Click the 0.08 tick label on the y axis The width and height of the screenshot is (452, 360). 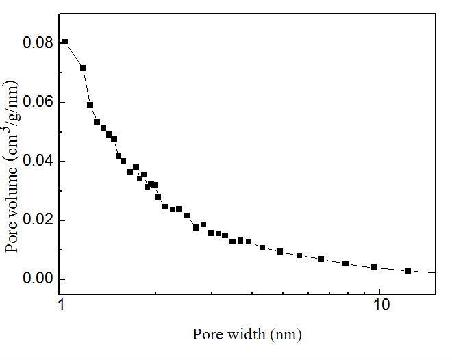[x=39, y=44]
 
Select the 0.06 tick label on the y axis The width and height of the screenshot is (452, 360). [x=39, y=103]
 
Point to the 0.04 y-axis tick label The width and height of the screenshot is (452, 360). [x=39, y=162]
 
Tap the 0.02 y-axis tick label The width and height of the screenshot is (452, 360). [x=39, y=220]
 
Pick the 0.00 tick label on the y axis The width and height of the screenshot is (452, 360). [x=39, y=279]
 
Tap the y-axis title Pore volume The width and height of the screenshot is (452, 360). [x=12, y=164]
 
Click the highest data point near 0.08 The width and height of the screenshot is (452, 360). [x=65, y=42]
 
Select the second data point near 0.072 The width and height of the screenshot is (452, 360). [x=83, y=68]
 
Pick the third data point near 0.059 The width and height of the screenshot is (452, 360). [x=90, y=105]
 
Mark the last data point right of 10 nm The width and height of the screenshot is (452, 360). [x=408, y=271]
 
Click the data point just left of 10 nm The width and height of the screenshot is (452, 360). [x=374, y=267]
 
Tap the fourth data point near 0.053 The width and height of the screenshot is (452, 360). [x=97, y=122]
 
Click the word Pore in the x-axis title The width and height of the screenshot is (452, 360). [x=205, y=335]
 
